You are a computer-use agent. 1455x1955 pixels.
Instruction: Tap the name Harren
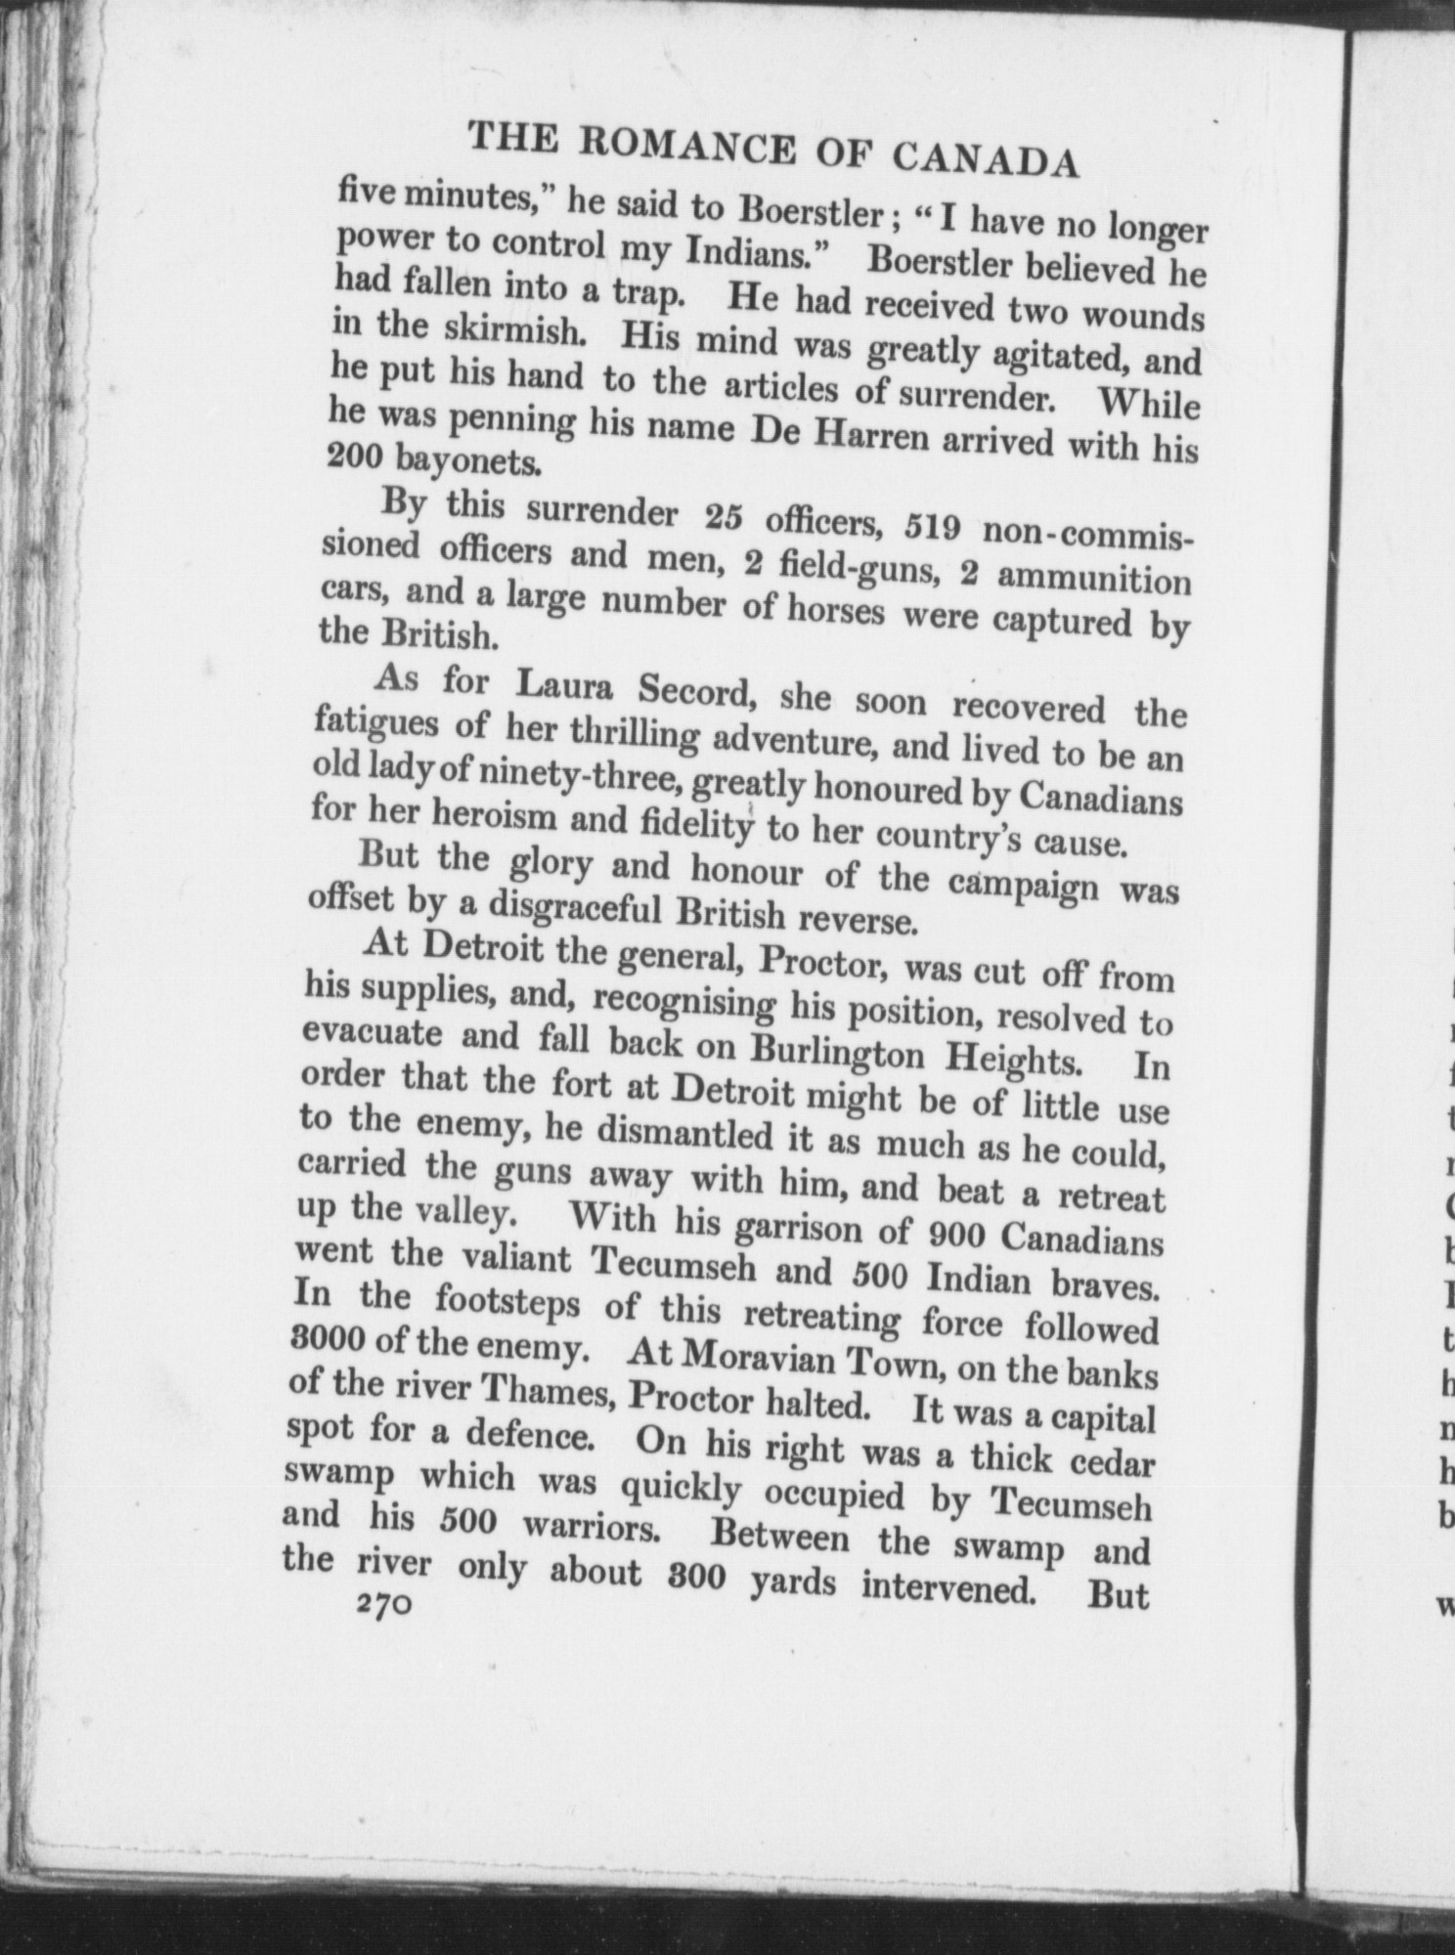coord(863,437)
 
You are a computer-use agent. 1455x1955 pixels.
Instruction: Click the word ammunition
coord(1093,578)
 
